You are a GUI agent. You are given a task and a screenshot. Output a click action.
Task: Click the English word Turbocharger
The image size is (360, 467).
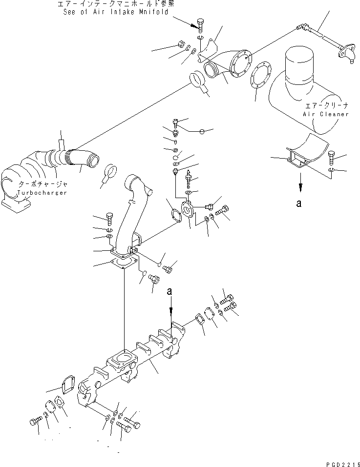[42, 193]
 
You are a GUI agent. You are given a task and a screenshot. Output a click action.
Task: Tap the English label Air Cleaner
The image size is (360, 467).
[325, 114]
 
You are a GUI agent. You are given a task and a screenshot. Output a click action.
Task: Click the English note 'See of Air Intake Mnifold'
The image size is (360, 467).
[119, 12]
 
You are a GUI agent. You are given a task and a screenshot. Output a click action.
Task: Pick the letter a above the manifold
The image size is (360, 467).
[170, 292]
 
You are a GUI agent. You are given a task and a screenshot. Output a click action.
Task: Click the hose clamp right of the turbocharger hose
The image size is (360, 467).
[110, 173]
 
